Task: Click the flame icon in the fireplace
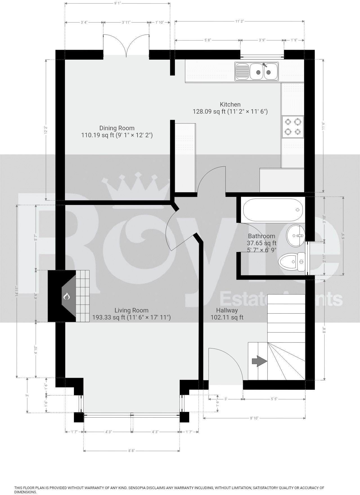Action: pos(66,296)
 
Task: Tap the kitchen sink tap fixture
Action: pos(264,65)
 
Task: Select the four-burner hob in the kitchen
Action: pos(293,127)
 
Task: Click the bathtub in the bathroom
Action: pos(273,210)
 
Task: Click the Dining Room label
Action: pos(117,128)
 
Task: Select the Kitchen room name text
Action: pos(230,104)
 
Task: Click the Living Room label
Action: pos(131,310)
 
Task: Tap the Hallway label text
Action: pos(227,310)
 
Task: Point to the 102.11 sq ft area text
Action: pos(227,318)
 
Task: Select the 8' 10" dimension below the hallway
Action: pos(254,418)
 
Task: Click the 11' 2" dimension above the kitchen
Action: pos(239,21)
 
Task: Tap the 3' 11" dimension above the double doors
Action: pos(126,22)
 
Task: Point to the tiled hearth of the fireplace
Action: pos(83,296)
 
